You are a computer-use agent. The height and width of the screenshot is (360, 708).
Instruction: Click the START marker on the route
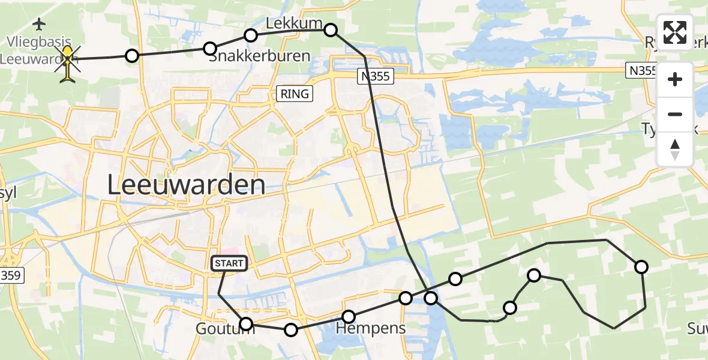[229, 263]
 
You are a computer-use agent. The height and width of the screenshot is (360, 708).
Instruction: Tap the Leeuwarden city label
[186, 185]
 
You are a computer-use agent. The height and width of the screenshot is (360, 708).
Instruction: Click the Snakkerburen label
[259, 57]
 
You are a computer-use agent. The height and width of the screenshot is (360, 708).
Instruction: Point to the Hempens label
[370, 328]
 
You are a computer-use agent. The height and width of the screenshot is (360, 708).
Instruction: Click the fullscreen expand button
[675, 32]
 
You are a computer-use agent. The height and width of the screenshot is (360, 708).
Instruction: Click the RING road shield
[295, 94]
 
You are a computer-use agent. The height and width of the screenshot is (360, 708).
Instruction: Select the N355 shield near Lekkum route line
[376, 76]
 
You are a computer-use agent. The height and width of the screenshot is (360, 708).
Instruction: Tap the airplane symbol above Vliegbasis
[40, 25]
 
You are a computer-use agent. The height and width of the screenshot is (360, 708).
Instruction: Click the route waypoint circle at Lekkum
[331, 29]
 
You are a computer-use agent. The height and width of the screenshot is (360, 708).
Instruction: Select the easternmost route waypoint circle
[641, 267]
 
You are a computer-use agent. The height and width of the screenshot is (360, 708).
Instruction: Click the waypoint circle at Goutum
[246, 325]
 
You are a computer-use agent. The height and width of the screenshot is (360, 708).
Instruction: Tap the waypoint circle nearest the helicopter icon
[132, 56]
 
